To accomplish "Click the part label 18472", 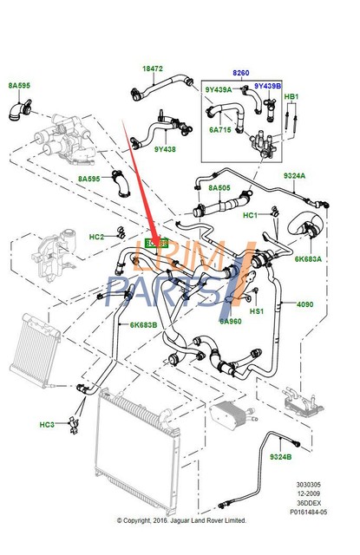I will [153, 68].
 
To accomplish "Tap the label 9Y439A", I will [219, 89].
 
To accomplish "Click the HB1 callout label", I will [291, 96].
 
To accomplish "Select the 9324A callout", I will [295, 176].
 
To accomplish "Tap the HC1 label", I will [250, 215].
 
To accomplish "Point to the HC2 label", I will [97, 237].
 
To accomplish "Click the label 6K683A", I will [308, 258].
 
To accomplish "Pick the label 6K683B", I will [144, 325].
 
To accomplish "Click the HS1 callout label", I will [256, 311].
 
